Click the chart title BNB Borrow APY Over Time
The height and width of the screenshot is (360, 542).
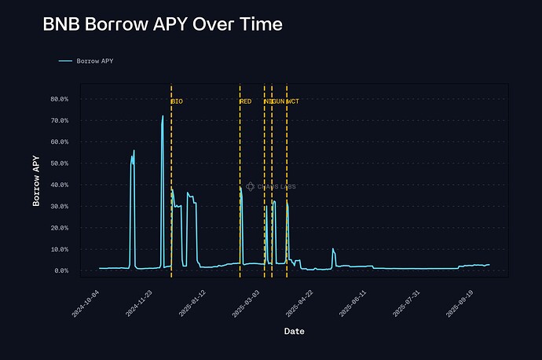(163, 24)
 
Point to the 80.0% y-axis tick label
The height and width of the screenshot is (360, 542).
(60, 99)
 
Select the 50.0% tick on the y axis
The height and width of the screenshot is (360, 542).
(60, 163)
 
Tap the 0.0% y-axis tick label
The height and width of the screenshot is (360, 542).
(61, 270)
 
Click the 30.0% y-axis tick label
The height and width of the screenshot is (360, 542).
(60, 206)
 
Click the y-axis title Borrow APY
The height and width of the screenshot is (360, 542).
(36, 181)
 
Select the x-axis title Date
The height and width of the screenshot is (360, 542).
(295, 331)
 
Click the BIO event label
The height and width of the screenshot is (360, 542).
(178, 101)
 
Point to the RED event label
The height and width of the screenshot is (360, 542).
(246, 101)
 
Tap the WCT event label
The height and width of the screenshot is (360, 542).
(293, 101)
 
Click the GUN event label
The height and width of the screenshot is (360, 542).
(278, 101)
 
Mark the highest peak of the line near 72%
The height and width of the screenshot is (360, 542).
(163, 116)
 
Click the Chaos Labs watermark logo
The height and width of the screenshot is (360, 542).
(250, 186)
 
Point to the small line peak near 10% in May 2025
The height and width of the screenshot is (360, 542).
(333, 249)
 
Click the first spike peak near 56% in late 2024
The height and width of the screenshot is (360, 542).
(134, 150)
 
